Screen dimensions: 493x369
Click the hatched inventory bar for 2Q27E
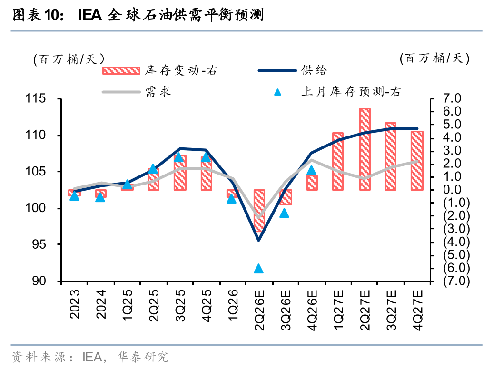[x=365, y=149]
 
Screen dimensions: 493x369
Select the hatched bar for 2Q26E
[x=259, y=211]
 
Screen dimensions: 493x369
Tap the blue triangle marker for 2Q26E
[x=259, y=269]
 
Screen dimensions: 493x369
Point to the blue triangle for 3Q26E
[x=284, y=213]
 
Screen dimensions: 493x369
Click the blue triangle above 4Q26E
[x=311, y=170]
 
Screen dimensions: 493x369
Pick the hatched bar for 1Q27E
[x=338, y=162]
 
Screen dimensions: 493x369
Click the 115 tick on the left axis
[x=36, y=99]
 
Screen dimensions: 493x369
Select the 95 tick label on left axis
[x=39, y=244]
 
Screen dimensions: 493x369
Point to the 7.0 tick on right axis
[x=452, y=98]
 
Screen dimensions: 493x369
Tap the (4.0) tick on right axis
[x=456, y=242]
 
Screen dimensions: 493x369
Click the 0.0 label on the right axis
[x=452, y=190]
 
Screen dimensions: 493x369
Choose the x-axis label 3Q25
[x=180, y=305]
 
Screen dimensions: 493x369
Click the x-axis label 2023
[x=75, y=304]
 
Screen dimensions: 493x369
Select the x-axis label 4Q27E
[x=417, y=310]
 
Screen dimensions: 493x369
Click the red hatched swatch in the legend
[x=121, y=70]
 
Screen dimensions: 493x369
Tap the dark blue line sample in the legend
[x=277, y=71]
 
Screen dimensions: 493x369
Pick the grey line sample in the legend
[x=121, y=92]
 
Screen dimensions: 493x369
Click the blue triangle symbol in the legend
[x=277, y=92]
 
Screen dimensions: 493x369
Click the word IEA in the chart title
[x=90, y=15]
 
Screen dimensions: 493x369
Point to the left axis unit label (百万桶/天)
[x=69, y=59]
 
